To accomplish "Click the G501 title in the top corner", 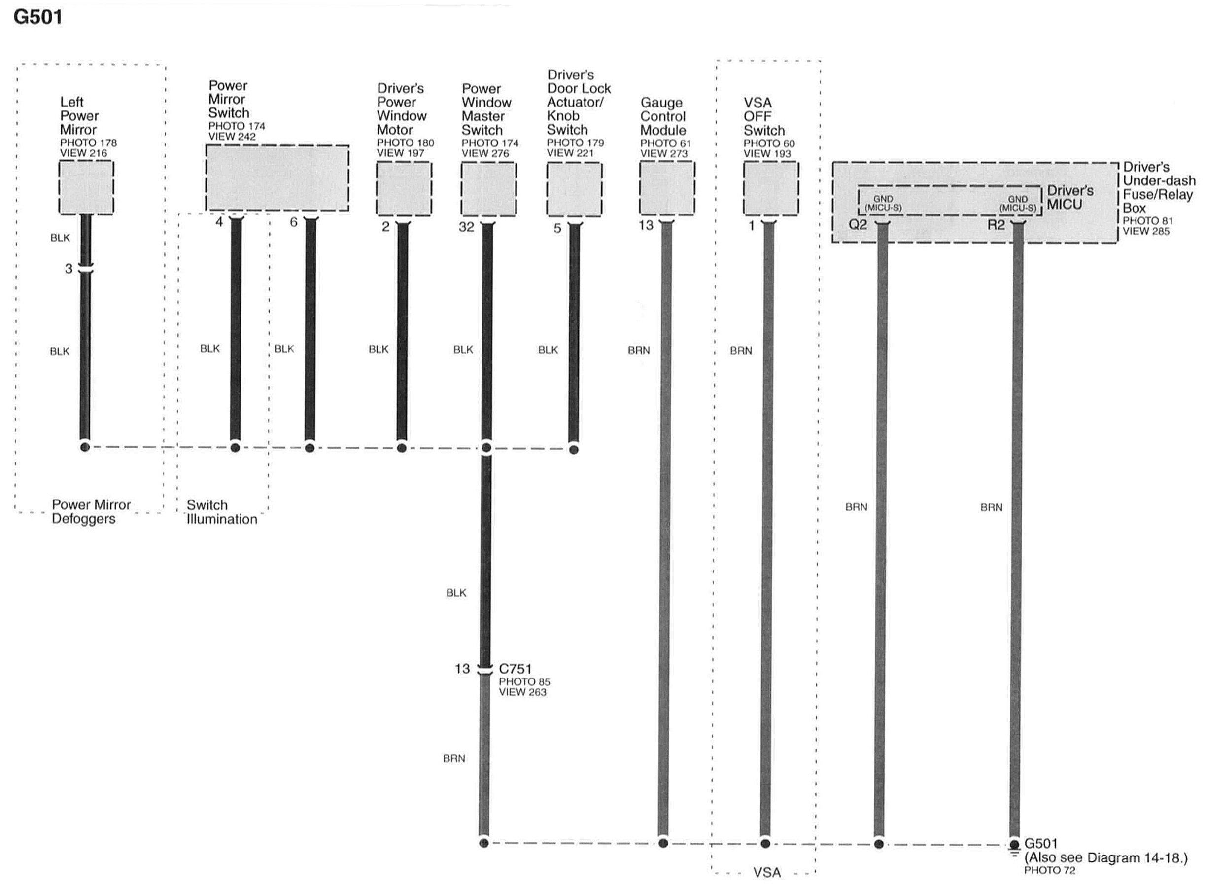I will click(38, 17).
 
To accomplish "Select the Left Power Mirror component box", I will click(86, 187).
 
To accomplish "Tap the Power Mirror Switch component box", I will click(277, 178).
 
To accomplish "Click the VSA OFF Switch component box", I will click(771, 188).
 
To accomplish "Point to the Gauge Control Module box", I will click(666, 188).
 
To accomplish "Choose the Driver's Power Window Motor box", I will click(404, 188).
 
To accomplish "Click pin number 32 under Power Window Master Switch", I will click(466, 227).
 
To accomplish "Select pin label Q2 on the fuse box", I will click(858, 225).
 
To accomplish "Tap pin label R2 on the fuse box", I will click(996, 225).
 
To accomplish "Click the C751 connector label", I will click(515, 669).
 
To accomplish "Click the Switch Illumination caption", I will click(221, 512).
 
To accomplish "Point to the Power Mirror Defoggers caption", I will click(91, 511).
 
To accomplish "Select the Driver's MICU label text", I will click(1069, 197).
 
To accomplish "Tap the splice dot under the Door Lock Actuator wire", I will click(574, 449).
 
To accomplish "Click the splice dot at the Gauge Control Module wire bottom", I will click(663, 843).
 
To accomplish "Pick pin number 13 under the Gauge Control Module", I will click(646, 226).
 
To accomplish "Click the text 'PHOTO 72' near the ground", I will click(1049, 870).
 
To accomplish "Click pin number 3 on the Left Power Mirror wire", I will click(69, 268).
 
